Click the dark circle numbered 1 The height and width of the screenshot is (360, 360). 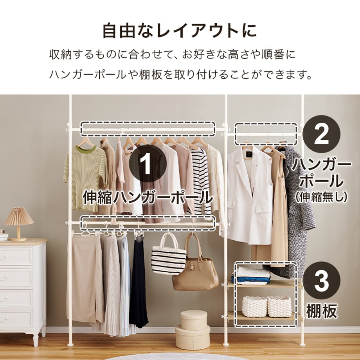(x=148, y=164)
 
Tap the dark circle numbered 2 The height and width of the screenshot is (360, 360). (x=321, y=134)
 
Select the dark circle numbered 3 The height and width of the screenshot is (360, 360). (x=321, y=281)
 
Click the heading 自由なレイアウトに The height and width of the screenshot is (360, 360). (x=180, y=31)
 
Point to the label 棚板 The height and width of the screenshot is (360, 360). (x=321, y=311)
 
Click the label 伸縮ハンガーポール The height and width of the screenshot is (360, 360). (x=148, y=197)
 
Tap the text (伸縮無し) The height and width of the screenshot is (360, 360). (x=321, y=197)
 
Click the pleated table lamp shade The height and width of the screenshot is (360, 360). (x=19, y=216)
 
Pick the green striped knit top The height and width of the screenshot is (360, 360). (x=85, y=178)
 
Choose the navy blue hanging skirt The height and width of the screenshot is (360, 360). (x=138, y=282)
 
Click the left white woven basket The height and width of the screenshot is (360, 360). (x=254, y=306)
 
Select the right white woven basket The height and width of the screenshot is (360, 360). (x=279, y=306)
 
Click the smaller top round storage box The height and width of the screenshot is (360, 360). (x=194, y=320)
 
